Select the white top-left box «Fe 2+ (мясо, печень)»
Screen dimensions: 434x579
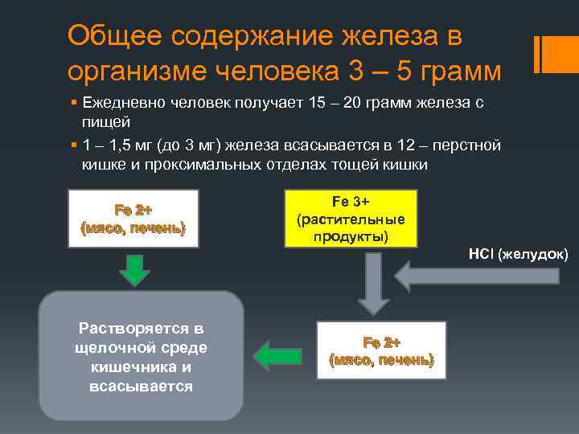[133, 219]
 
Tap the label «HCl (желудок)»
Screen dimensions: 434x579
[518, 255]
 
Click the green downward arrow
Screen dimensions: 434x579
[134, 270]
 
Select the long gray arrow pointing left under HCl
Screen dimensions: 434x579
[478, 276]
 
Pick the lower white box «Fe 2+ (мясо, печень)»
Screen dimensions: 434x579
[381, 350]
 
